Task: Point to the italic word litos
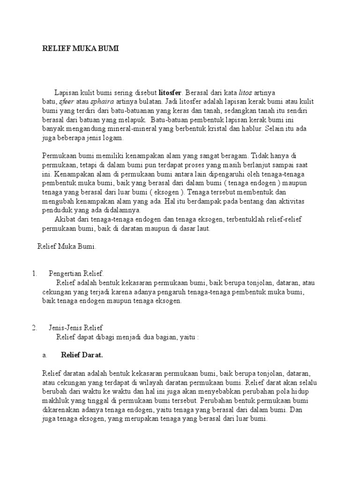246,92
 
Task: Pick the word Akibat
65,219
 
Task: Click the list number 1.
34,274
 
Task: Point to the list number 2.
34,328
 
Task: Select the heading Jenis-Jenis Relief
75,328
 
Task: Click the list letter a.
45,355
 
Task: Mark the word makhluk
56,401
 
